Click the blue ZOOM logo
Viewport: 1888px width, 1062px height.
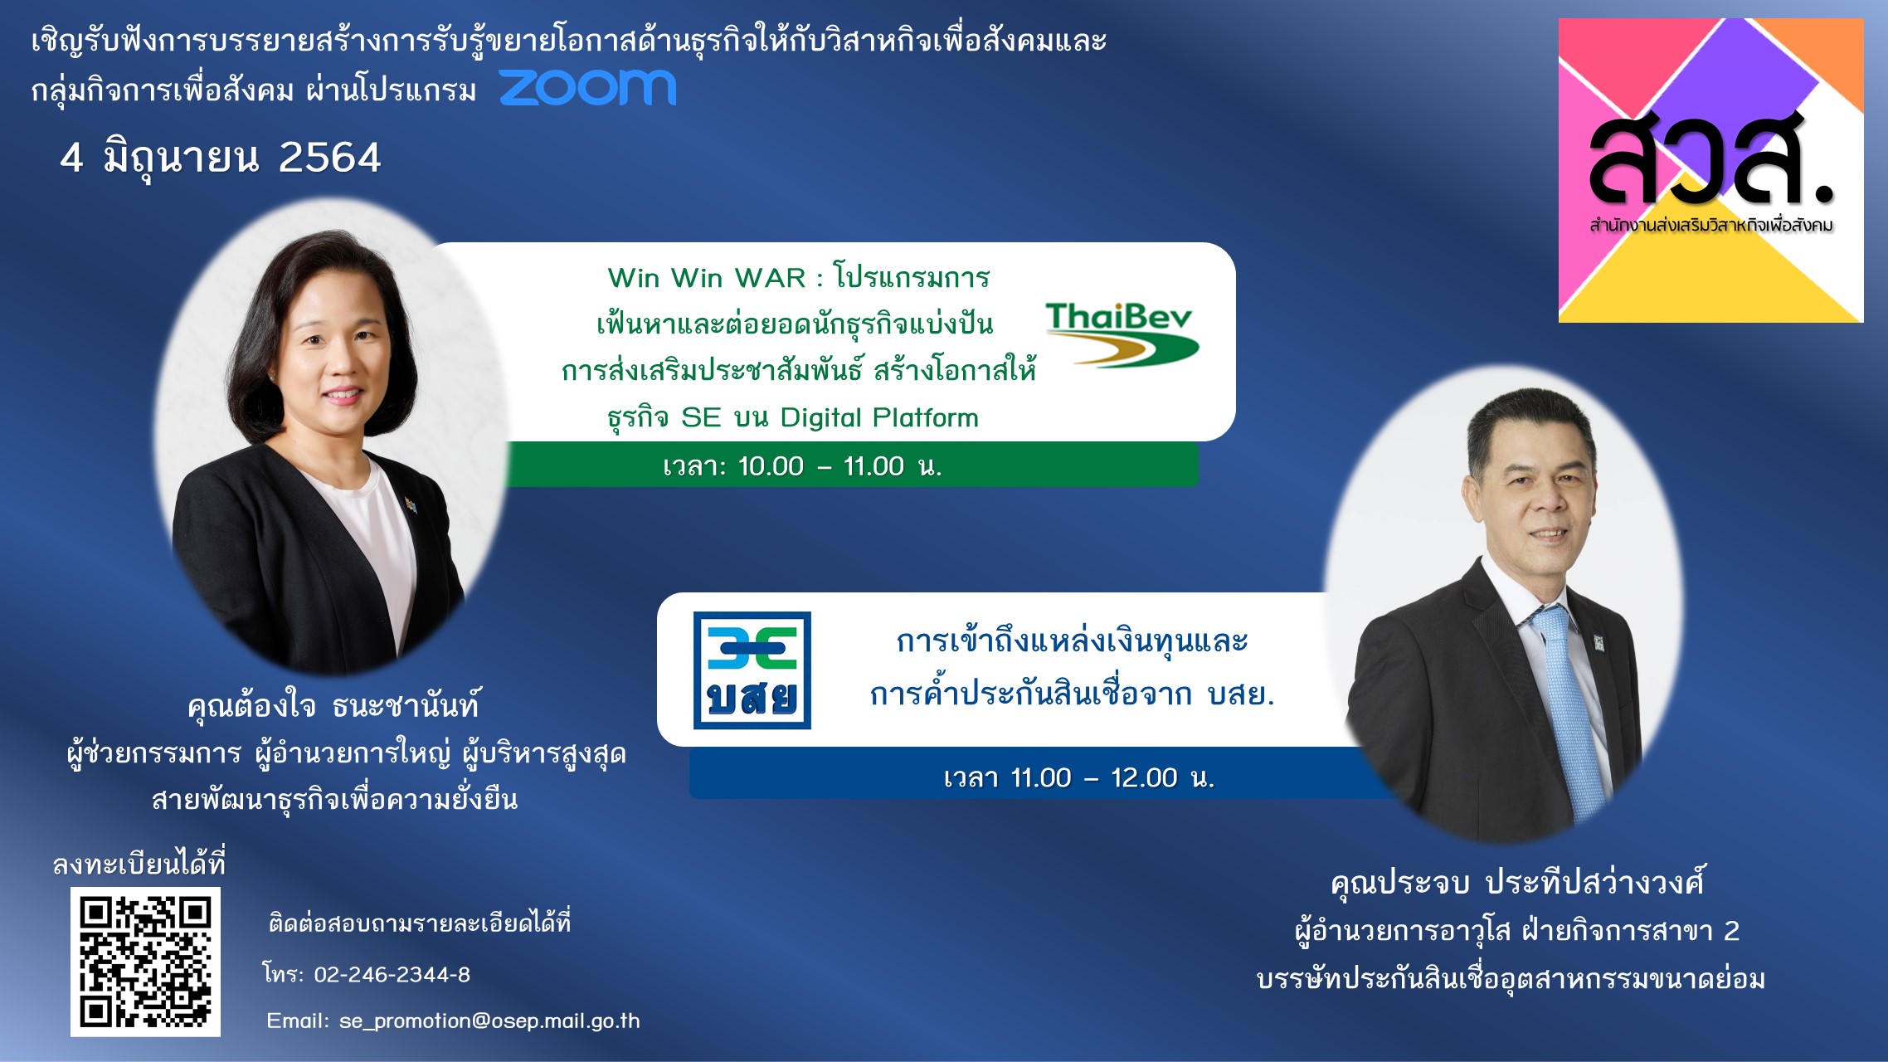pos(588,87)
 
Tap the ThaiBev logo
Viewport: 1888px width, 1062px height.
pos(1122,334)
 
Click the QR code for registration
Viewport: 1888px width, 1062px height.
pos(145,962)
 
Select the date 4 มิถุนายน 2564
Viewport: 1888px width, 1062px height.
pos(221,158)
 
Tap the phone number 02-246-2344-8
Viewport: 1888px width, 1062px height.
pos(392,974)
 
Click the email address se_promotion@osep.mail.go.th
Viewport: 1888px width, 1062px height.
pos(489,1021)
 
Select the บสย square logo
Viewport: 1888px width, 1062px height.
pos(752,670)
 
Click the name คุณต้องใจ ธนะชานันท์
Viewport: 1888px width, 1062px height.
pos(333,705)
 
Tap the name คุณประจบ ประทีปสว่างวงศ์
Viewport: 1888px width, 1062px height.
pos(1517,882)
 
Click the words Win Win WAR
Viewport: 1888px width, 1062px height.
pos(707,278)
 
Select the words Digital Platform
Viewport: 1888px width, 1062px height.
pos(879,417)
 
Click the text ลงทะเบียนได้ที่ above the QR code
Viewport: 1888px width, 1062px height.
pos(139,864)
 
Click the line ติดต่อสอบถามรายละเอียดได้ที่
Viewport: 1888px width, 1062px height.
pos(420,923)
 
